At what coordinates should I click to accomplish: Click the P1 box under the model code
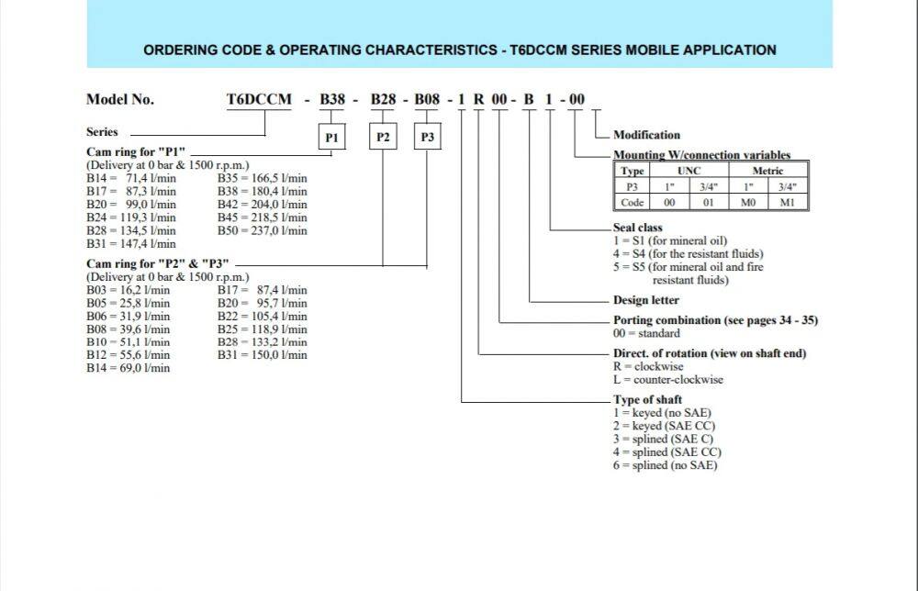(332, 138)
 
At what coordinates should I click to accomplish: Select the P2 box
(383, 138)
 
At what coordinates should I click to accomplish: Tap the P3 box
(427, 138)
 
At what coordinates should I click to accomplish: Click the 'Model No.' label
(119, 99)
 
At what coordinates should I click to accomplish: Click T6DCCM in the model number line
(258, 99)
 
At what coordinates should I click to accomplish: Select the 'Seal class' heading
(638, 227)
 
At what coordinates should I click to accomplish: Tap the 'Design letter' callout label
(646, 300)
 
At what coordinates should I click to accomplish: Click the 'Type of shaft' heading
(646, 399)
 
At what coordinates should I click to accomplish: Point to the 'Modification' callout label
(646, 135)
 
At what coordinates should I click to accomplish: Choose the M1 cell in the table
(787, 202)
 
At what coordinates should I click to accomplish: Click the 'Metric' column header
(767, 171)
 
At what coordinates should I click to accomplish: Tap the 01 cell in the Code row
(707, 202)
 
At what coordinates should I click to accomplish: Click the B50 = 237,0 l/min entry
(262, 230)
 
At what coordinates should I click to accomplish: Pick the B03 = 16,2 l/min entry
(128, 289)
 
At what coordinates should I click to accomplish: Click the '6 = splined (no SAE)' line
(666, 465)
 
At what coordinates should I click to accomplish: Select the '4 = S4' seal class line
(688, 253)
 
